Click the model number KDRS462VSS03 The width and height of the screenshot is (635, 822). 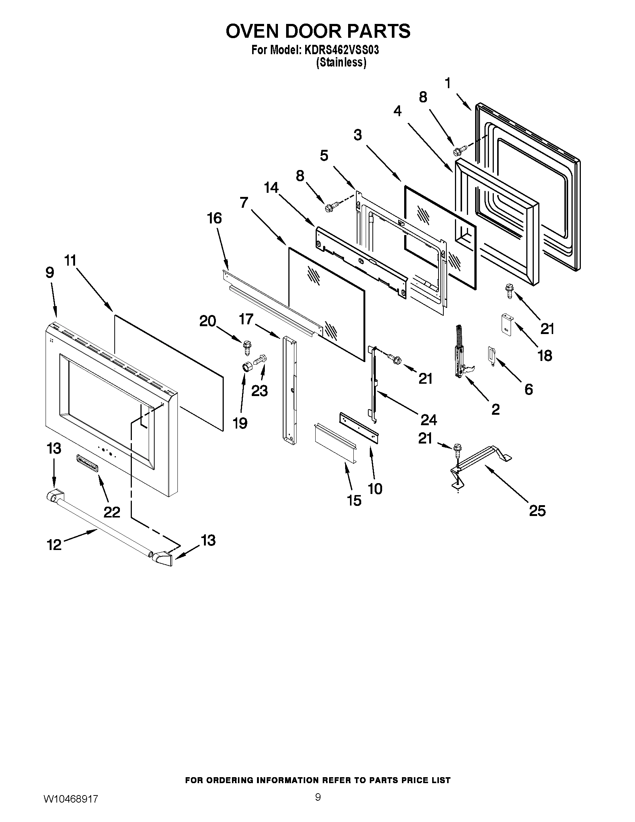click(338, 50)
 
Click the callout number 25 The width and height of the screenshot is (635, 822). click(537, 511)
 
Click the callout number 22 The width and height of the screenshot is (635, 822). click(112, 512)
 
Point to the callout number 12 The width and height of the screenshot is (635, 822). click(54, 545)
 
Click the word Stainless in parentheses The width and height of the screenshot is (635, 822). click(341, 62)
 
